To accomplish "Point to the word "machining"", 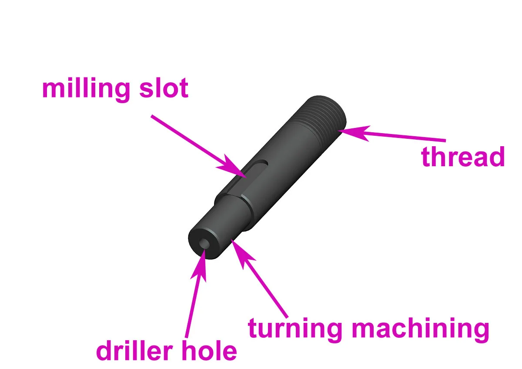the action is (420, 329).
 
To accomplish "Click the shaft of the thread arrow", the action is (405, 137).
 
